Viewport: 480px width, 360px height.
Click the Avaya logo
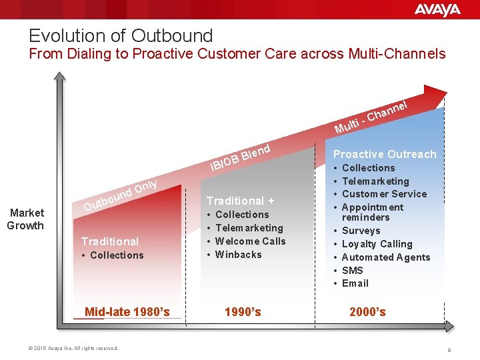pos(437,9)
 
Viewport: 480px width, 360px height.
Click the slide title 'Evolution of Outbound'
pos(121,35)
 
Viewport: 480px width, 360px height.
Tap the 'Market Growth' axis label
pos(25,219)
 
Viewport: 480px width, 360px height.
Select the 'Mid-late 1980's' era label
pos(127,311)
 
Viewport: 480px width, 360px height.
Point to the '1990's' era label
pos(243,311)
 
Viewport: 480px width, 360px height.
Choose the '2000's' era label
pos(367,311)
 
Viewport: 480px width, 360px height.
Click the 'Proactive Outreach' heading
pos(385,154)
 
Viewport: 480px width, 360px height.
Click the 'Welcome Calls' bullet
pos(250,241)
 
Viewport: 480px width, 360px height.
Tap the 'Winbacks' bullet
pos(238,255)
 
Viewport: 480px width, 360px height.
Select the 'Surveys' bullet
pos(361,231)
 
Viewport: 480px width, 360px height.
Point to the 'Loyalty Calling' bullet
pos(377,244)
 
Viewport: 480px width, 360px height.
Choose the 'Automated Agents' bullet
pos(385,257)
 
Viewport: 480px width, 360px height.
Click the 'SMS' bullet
pos(352,270)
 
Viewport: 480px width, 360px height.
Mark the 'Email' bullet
pos(355,283)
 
